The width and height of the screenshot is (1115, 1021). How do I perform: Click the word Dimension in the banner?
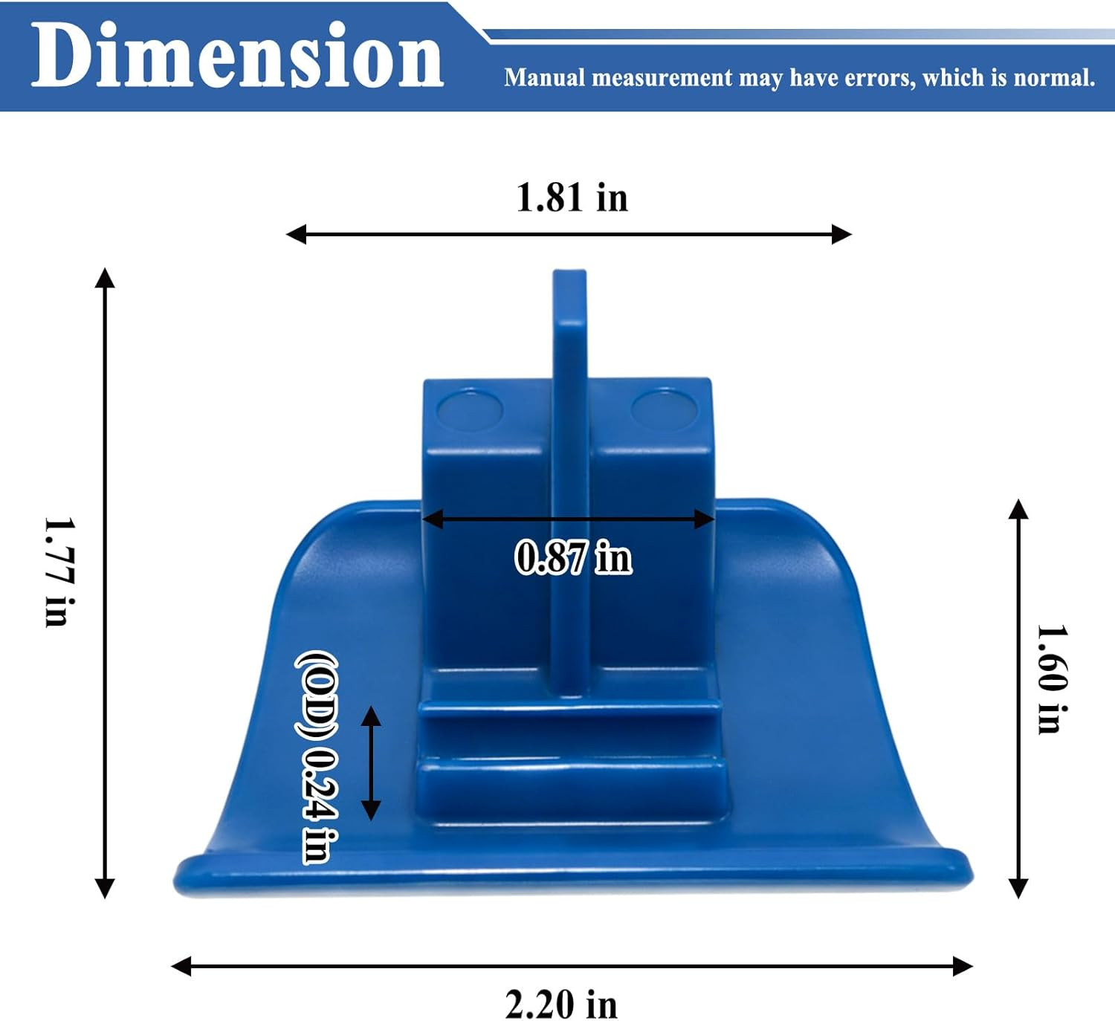(237, 54)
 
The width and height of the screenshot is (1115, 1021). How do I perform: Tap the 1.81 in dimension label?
(572, 198)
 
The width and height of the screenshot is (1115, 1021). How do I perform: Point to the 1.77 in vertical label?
(59, 572)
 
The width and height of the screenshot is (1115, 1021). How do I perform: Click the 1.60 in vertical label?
(1053, 679)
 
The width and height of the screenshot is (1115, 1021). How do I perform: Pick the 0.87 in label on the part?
(574, 557)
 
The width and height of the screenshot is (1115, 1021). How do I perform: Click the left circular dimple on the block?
(470, 411)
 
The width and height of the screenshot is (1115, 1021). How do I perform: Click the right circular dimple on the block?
(664, 411)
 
